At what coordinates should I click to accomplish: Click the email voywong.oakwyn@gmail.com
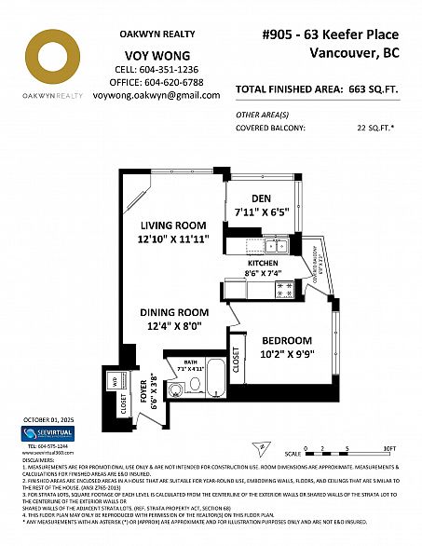point(157,95)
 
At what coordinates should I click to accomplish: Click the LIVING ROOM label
point(173,225)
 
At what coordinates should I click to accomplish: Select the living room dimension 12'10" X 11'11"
point(173,239)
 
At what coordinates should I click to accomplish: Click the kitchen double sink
point(274,246)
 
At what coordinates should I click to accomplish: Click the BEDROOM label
point(286,341)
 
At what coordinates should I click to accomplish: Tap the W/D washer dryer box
point(115,380)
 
